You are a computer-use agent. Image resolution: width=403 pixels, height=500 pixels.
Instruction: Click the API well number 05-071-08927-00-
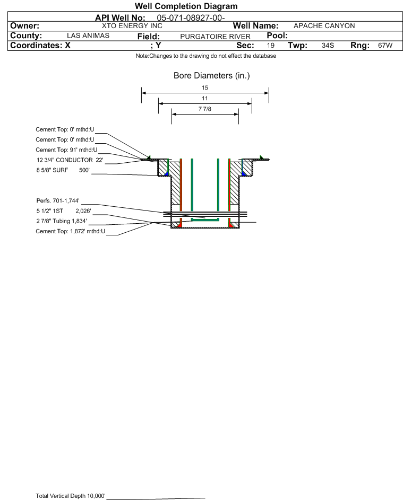click(191, 18)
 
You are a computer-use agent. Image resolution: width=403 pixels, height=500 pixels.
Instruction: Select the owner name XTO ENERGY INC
click(132, 26)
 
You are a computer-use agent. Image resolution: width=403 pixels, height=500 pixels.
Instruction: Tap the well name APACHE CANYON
click(324, 26)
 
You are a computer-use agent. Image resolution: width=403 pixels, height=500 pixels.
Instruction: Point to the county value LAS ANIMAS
click(88, 36)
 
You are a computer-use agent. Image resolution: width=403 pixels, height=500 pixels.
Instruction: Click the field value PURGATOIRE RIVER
click(215, 37)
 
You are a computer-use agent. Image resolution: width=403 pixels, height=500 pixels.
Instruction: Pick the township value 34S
click(328, 45)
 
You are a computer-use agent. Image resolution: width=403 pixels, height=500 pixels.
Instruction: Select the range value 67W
click(385, 45)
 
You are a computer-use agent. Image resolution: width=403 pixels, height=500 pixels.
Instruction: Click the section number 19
click(270, 45)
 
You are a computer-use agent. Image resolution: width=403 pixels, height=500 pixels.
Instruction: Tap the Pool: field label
click(277, 36)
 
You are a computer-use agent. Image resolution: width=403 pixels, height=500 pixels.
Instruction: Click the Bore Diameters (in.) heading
click(212, 76)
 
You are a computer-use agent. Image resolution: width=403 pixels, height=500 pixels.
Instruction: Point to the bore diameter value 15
click(205, 87)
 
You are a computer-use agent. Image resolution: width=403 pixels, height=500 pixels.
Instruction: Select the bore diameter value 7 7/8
click(205, 109)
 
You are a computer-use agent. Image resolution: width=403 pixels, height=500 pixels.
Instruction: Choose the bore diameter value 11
click(205, 98)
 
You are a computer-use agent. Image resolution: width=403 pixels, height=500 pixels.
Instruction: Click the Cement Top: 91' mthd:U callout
click(66, 150)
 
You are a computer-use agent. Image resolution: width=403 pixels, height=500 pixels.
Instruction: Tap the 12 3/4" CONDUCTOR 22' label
click(70, 160)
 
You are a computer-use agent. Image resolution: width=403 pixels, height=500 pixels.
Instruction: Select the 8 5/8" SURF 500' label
click(63, 170)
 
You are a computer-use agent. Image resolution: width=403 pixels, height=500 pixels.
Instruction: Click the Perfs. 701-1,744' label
click(58, 200)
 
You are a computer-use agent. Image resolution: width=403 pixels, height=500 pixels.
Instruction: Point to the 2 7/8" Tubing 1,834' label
click(62, 221)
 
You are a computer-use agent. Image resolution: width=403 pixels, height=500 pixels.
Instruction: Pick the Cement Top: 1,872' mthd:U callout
click(70, 231)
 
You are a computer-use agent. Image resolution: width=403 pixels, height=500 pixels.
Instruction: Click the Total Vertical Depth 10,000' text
click(71, 496)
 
